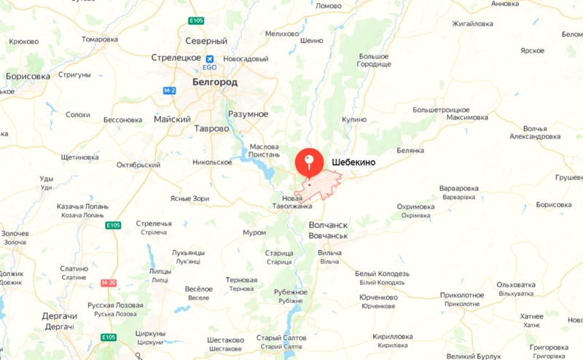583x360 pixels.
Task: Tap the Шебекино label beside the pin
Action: tap(353, 162)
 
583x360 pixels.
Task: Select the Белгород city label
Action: tap(215, 82)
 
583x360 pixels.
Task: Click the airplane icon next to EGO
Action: tap(211, 59)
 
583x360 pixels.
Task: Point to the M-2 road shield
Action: tap(170, 90)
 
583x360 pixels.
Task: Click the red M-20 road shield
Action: tap(109, 282)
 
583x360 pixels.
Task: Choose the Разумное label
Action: tap(248, 114)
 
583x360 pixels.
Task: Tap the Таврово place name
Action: tap(211, 128)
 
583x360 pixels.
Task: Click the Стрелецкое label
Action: tap(176, 57)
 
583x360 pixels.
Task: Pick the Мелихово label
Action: tap(282, 34)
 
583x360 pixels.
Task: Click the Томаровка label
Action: tap(100, 39)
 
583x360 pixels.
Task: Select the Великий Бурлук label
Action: tap(472, 356)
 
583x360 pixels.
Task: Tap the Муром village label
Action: tap(254, 232)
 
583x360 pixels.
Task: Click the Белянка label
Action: tap(410, 150)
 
